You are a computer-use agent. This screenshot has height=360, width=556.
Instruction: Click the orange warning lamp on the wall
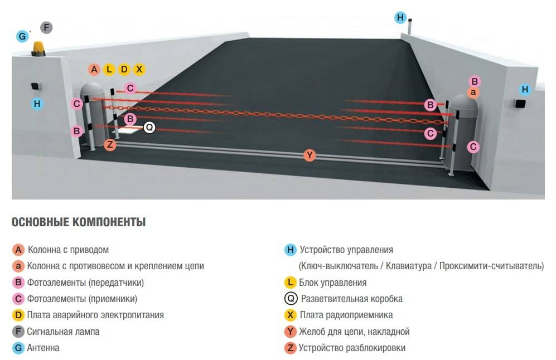(39, 48)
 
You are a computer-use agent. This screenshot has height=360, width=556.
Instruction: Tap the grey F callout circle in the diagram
(46, 27)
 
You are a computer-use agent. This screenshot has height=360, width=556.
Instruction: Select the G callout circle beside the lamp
(22, 37)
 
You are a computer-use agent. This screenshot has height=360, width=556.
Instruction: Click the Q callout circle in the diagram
(149, 128)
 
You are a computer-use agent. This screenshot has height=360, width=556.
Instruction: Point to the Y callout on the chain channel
(310, 155)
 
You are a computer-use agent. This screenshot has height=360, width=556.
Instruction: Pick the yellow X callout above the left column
(139, 70)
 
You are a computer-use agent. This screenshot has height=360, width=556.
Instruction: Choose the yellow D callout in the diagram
(124, 70)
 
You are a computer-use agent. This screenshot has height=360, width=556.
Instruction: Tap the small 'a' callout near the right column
(473, 92)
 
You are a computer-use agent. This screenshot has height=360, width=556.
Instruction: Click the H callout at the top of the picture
(400, 17)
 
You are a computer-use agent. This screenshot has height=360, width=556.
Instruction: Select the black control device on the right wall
(521, 104)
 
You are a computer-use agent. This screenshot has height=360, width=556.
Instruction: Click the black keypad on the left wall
(35, 86)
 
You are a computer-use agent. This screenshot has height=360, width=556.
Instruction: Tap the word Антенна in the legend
(43, 348)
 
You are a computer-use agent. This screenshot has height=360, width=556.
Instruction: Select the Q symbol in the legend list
(290, 299)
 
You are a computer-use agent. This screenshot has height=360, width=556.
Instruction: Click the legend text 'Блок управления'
(332, 283)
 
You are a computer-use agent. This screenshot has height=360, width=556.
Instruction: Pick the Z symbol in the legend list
(290, 348)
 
